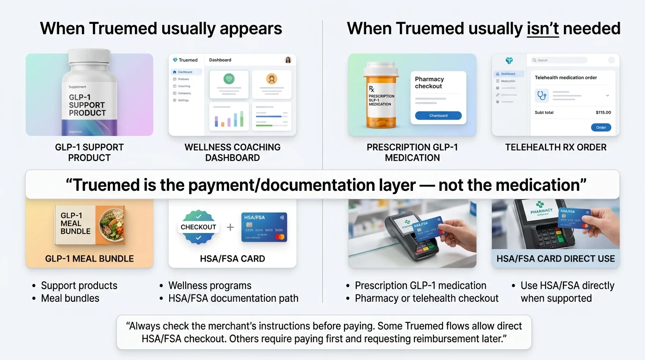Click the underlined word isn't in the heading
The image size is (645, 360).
pos(542,29)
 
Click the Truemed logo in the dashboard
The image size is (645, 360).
pos(185,60)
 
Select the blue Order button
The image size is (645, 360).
pos(601,127)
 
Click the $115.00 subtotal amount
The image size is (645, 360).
pos(603,112)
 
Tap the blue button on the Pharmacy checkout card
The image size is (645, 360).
pos(438,115)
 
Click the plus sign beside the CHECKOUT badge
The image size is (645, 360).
pos(230,227)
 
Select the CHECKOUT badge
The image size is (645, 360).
pos(198,227)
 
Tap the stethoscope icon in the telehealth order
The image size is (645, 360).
pos(542,96)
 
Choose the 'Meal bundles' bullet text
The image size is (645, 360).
pos(70,298)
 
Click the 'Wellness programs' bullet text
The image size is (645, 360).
pos(210,285)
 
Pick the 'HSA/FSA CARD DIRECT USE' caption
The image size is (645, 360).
pos(555,258)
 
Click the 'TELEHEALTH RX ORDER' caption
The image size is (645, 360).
pos(555,147)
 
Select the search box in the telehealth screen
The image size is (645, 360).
pos(559,60)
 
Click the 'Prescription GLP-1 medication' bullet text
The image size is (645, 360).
pos(420,285)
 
